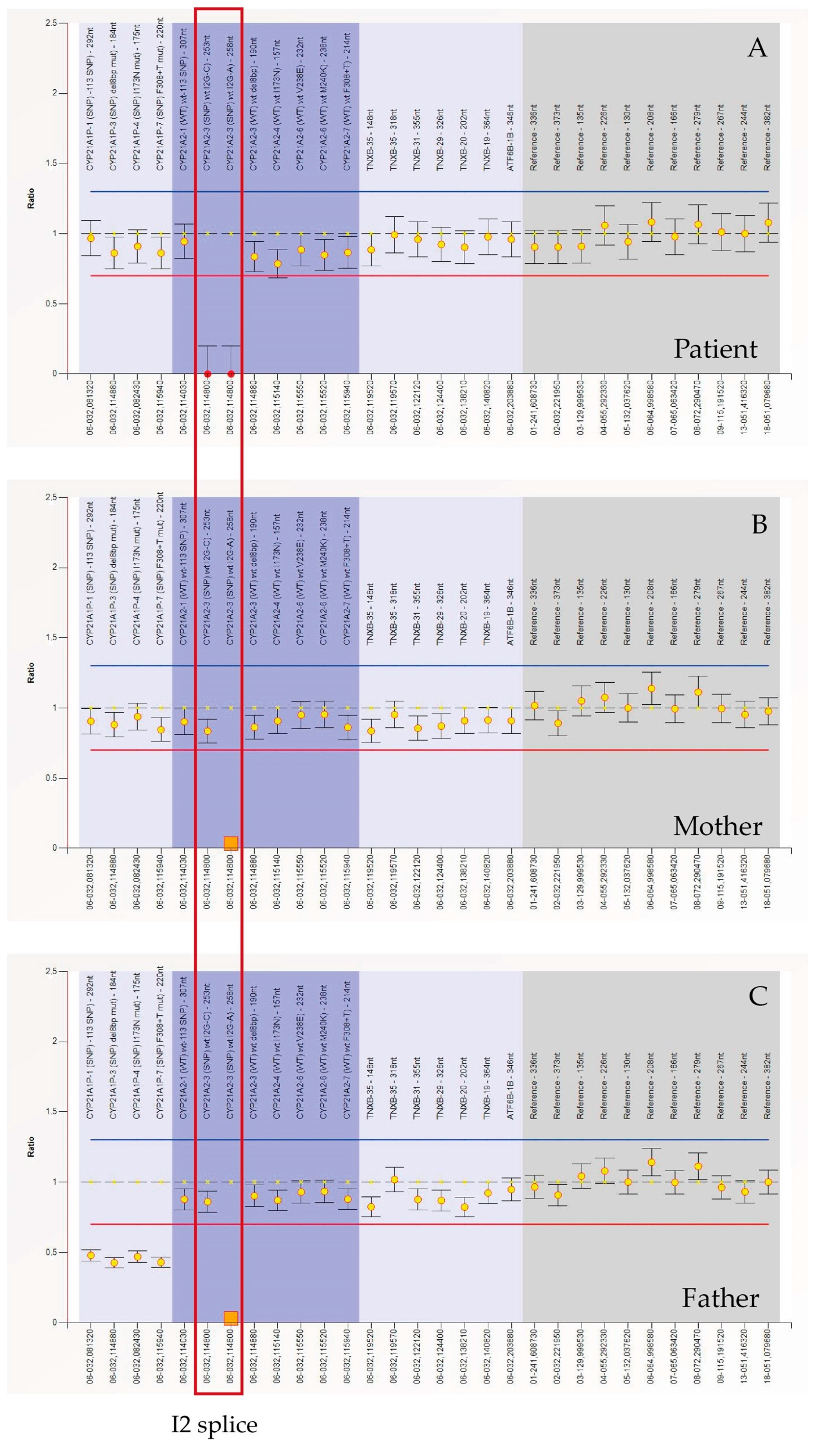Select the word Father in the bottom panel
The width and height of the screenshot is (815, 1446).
pos(720,1298)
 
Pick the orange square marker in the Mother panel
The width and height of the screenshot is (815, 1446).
pos(231,843)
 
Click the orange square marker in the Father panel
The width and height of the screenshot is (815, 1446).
pos(231,1317)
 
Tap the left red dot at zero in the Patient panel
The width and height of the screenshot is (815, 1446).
pos(207,374)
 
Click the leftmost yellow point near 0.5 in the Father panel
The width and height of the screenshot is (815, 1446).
pos(91,1256)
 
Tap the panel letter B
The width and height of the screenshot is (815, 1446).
pos(759,524)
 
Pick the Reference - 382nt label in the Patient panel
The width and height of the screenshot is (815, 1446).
pos(767,137)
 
